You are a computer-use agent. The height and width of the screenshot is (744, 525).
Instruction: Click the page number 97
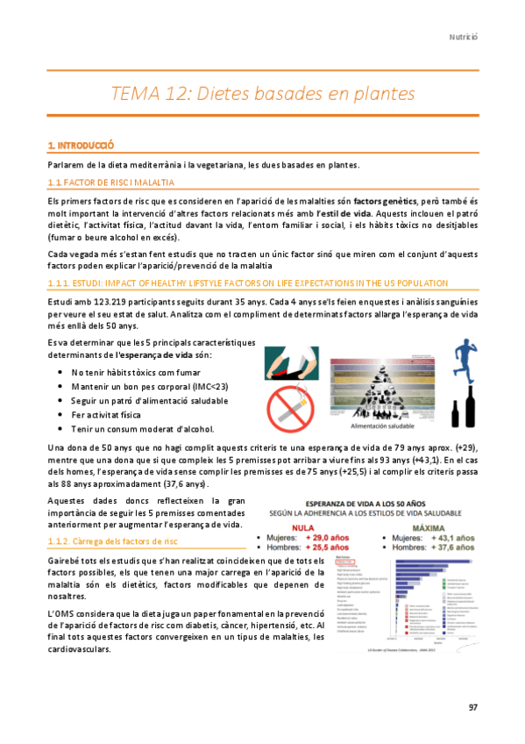[x=473, y=706]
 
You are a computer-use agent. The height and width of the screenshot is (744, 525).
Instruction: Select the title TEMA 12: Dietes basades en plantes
[x=262, y=93]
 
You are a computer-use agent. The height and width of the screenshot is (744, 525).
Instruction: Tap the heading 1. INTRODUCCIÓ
[x=82, y=144]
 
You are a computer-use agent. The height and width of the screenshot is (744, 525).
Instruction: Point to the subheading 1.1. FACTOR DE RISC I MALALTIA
[x=111, y=182]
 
